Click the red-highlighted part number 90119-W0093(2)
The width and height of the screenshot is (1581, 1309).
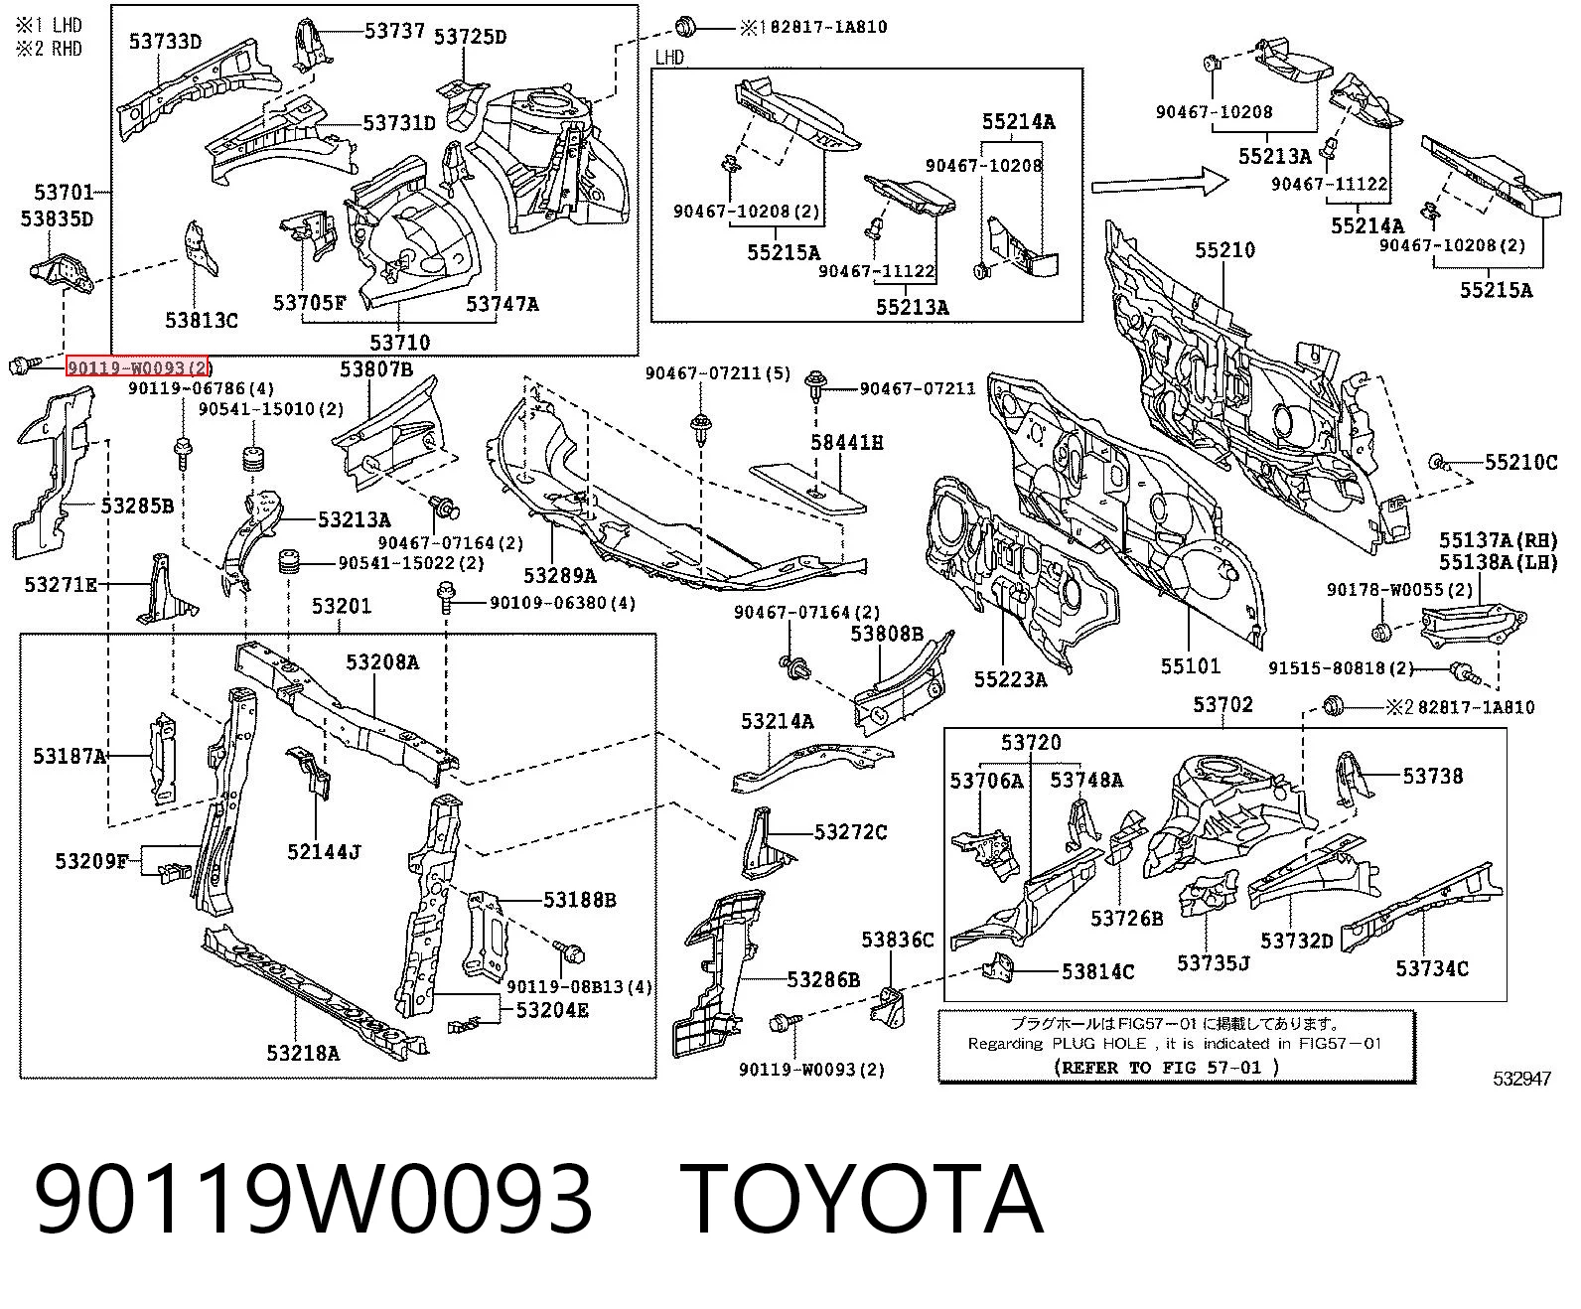pyautogui.click(x=137, y=367)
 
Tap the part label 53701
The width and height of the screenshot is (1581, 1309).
pyautogui.click(x=64, y=193)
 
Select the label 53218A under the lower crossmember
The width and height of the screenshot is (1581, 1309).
pyautogui.click(x=303, y=1053)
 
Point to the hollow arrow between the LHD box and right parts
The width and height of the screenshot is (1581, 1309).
pyautogui.click(x=1159, y=183)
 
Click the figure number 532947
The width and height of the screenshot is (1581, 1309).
pyautogui.click(x=1522, y=1078)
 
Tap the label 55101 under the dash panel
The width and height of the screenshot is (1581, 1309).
pyautogui.click(x=1191, y=665)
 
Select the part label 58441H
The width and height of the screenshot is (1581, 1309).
pyautogui.click(x=846, y=442)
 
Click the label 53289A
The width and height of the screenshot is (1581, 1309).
pyautogui.click(x=559, y=576)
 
